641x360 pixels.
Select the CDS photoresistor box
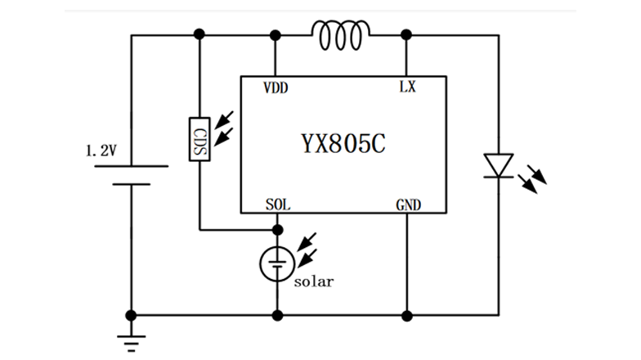(199, 139)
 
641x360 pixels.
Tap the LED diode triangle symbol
(497, 165)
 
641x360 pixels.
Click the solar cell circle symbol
(277, 262)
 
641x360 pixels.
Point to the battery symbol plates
(131, 174)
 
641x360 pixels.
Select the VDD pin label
(275, 88)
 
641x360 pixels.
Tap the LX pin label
(406, 88)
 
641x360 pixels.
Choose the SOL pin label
(276, 205)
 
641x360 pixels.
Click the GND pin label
(407, 205)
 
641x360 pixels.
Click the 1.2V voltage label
(102, 151)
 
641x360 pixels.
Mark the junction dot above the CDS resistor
(199, 35)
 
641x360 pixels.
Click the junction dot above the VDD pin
(276, 35)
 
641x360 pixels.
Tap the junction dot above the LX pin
(406, 35)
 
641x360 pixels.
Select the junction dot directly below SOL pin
(277, 230)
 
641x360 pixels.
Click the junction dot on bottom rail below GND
(406, 314)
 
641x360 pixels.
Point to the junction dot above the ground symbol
(131, 314)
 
